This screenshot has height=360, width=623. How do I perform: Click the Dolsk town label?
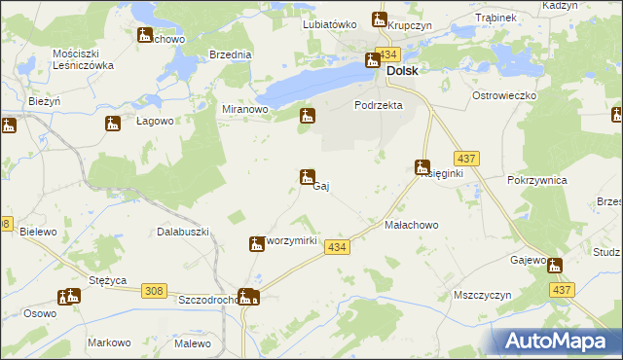pyautogui.click(x=403, y=71)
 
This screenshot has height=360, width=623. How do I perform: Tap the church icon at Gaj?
pyautogui.click(x=307, y=176)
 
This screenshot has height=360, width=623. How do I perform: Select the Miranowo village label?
pyautogui.click(x=245, y=110)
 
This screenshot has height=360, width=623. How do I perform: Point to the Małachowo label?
pyautogui.click(x=412, y=225)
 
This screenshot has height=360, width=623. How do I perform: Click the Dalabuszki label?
pyautogui.click(x=184, y=232)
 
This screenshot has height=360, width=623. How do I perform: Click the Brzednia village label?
pyautogui.click(x=231, y=55)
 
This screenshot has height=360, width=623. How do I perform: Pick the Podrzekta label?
pyautogui.click(x=379, y=105)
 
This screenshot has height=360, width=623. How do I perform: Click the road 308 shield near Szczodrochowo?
pyautogui.click(x=153, y=291)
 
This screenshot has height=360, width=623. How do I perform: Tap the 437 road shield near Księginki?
pyautogui.click(x=464, y=158)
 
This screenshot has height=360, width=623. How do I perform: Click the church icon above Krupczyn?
pyautogui.click(x=380, y=19)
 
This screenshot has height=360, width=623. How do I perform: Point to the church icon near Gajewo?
pyautogui.click(x=554, y=266)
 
